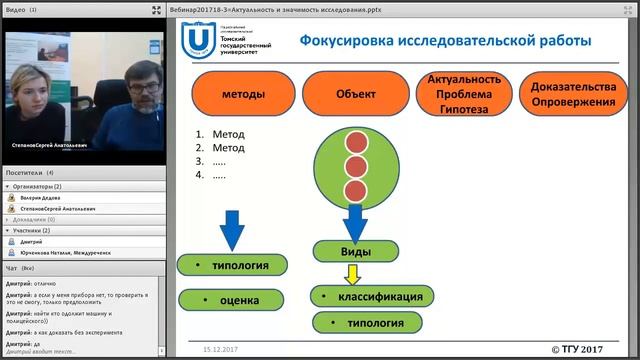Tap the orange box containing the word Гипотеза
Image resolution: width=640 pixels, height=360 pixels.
pos(463,95)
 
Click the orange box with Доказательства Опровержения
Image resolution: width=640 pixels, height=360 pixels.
pos(573,95)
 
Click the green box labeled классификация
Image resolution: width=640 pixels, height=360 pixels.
pos(372,296)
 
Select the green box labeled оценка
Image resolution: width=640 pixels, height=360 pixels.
pos(232,299)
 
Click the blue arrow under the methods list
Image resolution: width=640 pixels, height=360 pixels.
pos(231,229)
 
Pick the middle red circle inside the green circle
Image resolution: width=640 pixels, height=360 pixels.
pos(353,164)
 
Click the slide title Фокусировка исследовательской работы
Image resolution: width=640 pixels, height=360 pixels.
pos(445,40)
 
